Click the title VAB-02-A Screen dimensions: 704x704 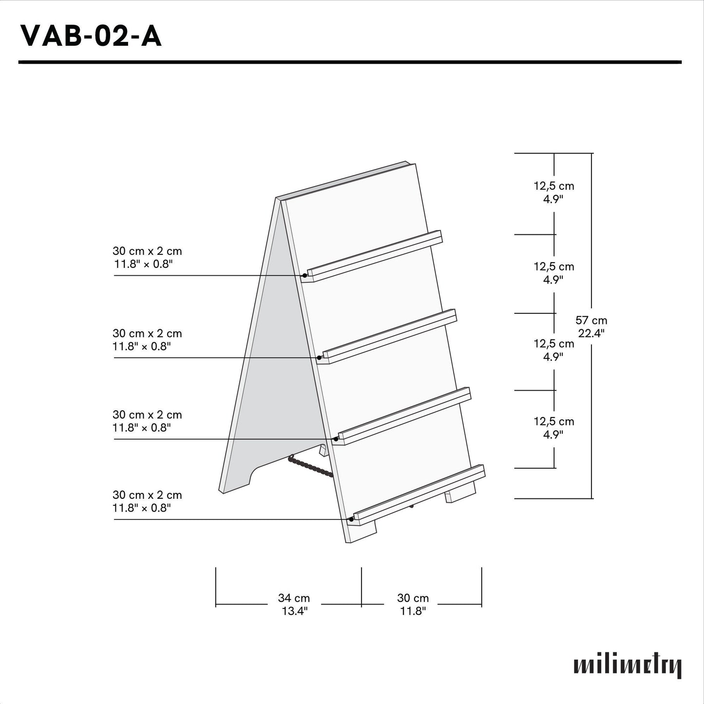coord(91,36)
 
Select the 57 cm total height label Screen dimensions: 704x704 coord(591,326)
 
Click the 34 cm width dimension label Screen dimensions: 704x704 coord(294,604)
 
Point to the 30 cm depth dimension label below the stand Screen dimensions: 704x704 coord(413,604)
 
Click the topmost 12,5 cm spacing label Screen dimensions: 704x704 coord(554,192)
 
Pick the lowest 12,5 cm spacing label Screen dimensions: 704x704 coord(554,428)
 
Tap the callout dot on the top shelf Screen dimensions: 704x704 coord(304,275)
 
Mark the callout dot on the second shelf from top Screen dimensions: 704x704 coord(319,358)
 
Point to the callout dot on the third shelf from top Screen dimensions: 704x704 coord(336,439)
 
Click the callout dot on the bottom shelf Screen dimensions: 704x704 coord(351,519)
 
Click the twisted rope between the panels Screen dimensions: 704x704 coord(310,465)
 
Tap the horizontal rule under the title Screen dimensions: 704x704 coord(350,62)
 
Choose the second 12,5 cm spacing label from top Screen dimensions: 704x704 coord(554,273)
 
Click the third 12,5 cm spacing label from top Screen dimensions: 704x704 coord(554,350)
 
